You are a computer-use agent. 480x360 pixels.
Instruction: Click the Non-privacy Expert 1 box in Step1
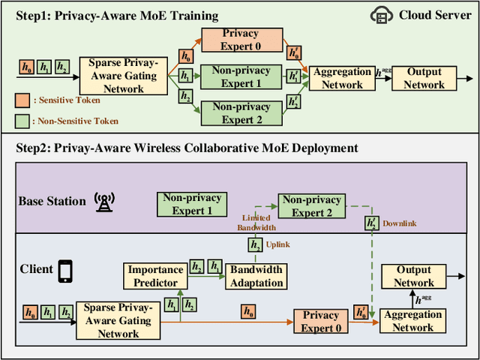point(241,77)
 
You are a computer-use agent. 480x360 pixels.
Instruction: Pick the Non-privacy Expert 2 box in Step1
point(241,113)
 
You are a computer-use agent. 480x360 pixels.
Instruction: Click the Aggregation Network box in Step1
point(342,78)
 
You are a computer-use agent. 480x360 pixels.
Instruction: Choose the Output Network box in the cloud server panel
point(424,78)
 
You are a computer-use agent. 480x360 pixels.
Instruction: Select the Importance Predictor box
point(155,276)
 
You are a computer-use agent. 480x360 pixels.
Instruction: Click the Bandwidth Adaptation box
point(256,276)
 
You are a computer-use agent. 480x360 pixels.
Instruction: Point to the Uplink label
point(277,244)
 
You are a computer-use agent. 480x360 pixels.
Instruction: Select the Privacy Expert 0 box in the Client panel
point(320,321)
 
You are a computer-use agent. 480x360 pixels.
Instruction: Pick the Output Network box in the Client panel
point(414,276)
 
